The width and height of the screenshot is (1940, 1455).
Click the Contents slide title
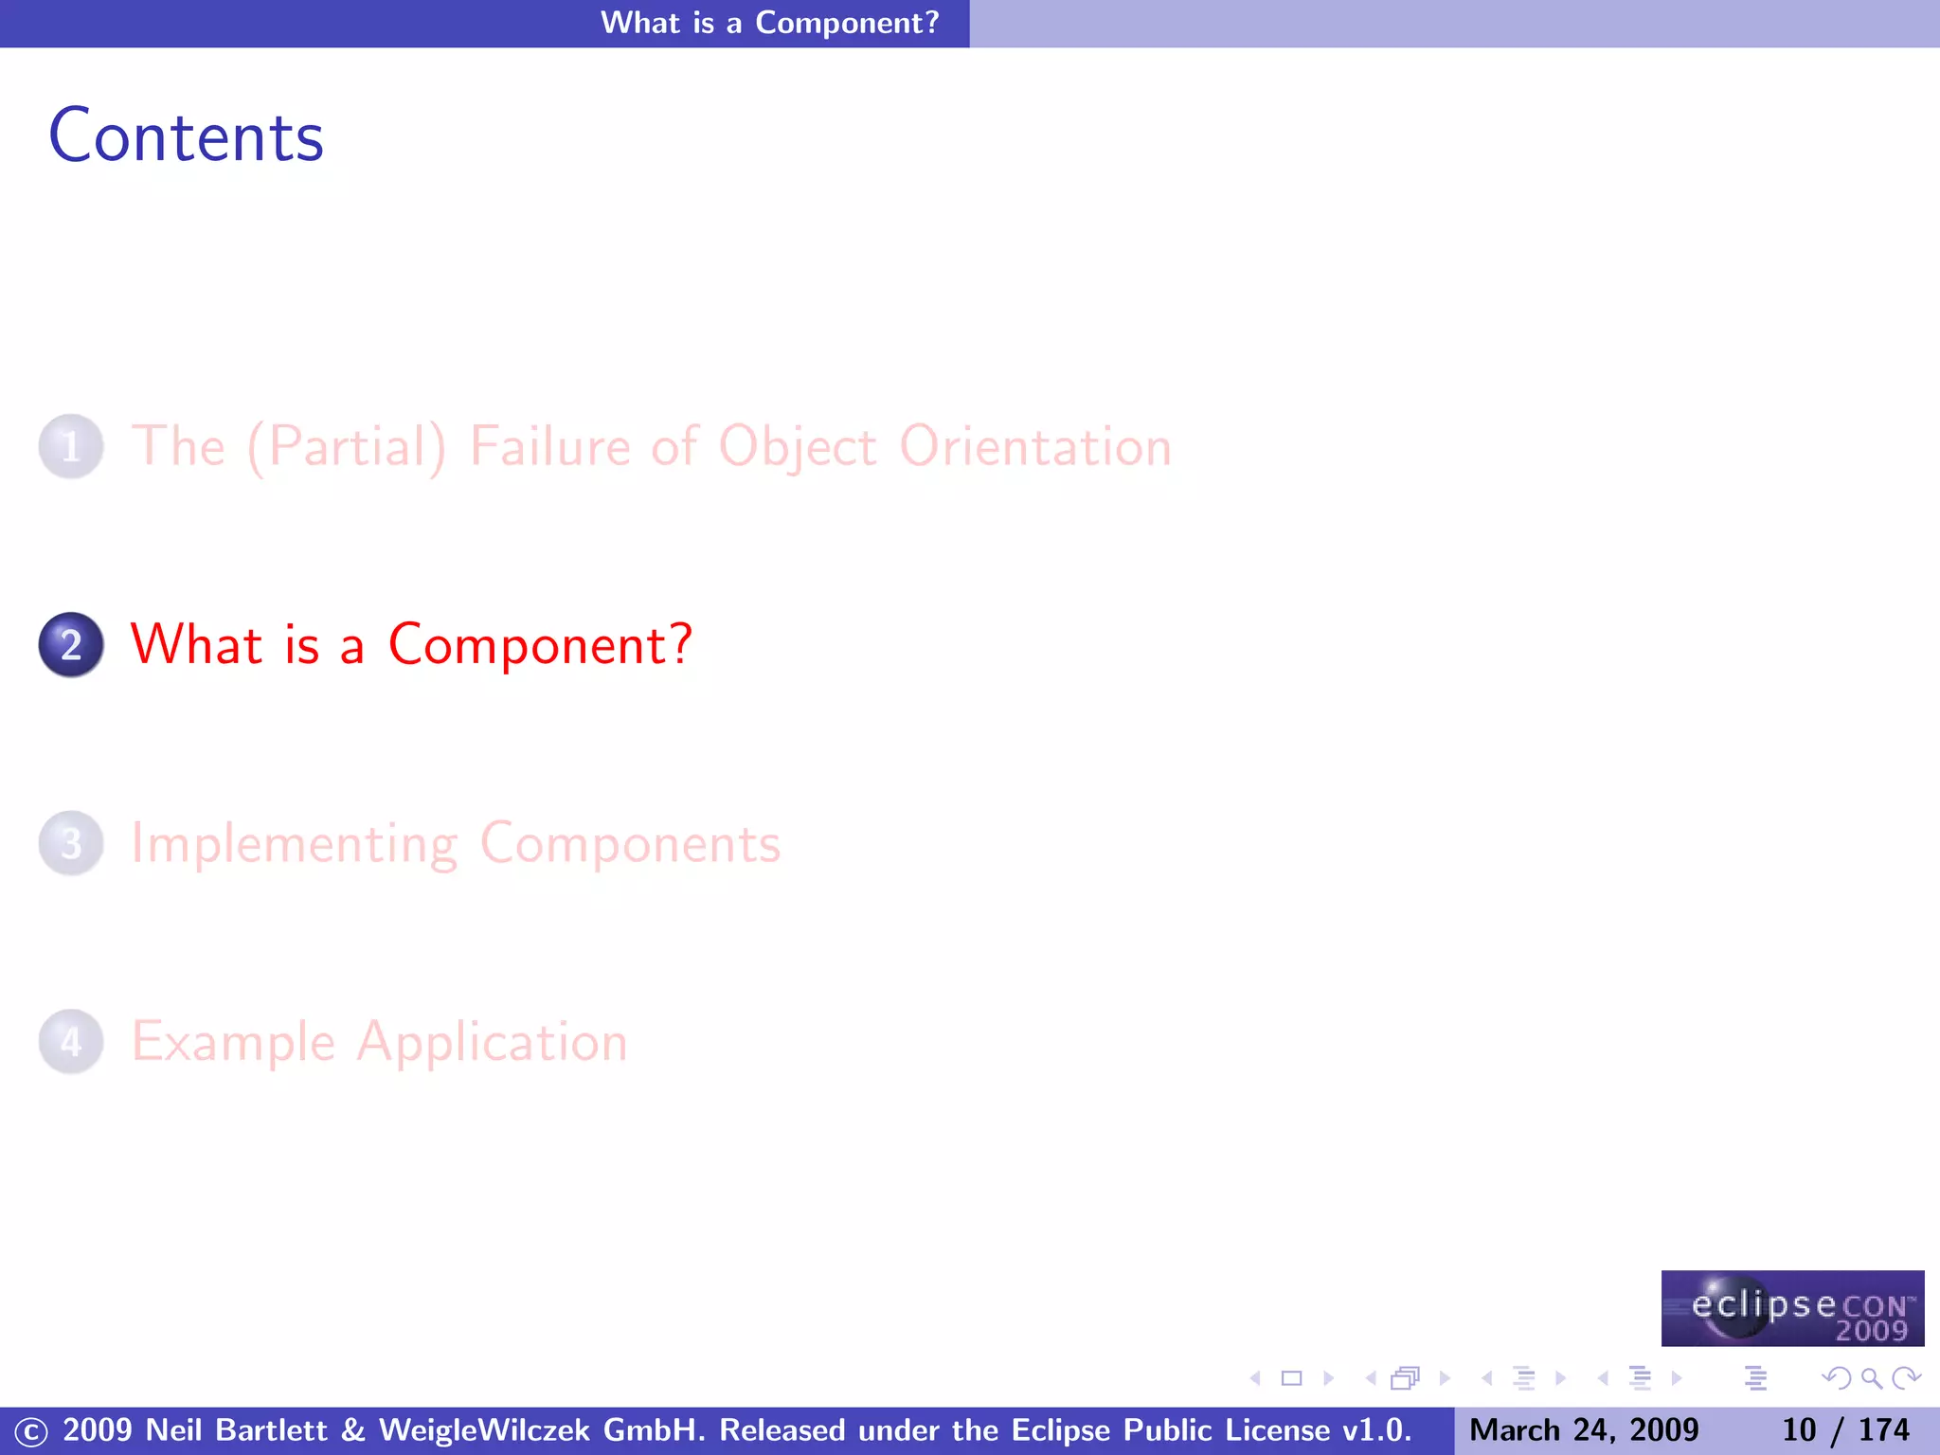pyautogui.click(x=186, y=137)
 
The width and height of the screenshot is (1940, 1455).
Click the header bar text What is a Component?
pyautogui.click(x=769, y=23)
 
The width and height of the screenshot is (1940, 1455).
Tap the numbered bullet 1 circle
pyautogui.click(x=71, y=446)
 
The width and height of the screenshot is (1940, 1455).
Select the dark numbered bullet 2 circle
pyautogui.click(x=71, y=645)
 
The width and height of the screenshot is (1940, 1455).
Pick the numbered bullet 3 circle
pyautogui.click(x=71, y=843)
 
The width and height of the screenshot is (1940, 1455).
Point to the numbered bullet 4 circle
pyautogui.click(x=71, y=1042)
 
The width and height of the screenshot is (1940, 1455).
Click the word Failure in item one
pyautogui.click(x=549, y=446)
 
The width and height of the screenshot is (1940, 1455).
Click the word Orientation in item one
pyautogui.click(x=1034, y=446)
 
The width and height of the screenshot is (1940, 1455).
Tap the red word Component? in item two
pyautogui.click(x=540, y=645)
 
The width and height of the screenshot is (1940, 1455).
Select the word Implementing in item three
pyautogui.click(x=294, y=843)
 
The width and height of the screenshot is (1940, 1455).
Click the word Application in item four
pyautogui.click(x=492, y=1042)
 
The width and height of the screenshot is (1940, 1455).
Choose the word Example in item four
pyautogui.click(x=233, y=1042)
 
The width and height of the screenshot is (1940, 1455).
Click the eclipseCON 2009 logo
pyautogui.click(x=1792, y=1308)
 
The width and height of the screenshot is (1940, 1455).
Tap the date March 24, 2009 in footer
pyautogui.click(x=1584, y=1430)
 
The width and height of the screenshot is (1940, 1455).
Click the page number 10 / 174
pyautogui.click(x=1844, y=1430)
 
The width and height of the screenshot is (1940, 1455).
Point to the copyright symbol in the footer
pyautogui.click(x=30, y=1431)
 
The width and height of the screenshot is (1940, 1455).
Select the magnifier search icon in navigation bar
pyautogui.click(x=1871, y=1378)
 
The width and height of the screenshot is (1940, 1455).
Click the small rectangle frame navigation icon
pyautogui.click(x=1291, y=1378)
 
